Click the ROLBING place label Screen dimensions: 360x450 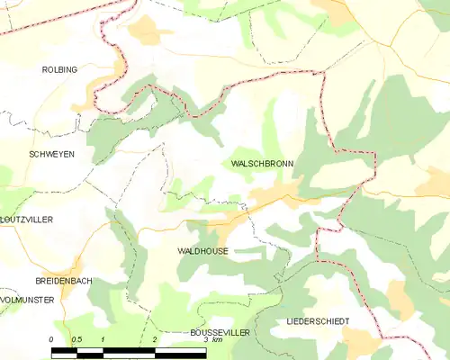click(59, 68)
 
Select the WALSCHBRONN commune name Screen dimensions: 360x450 click(258, 165)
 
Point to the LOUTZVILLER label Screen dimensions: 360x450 click(27, 219)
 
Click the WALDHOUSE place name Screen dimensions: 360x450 click(202, 251)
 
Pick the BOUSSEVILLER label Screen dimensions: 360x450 click(220, 332)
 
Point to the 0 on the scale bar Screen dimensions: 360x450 click(52, 339)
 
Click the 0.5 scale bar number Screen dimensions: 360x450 click(77, 339)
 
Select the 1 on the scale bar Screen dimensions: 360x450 click(103, 339)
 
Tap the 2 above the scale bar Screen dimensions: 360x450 click(155, 339)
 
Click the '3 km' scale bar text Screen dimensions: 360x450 click(212, 339)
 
